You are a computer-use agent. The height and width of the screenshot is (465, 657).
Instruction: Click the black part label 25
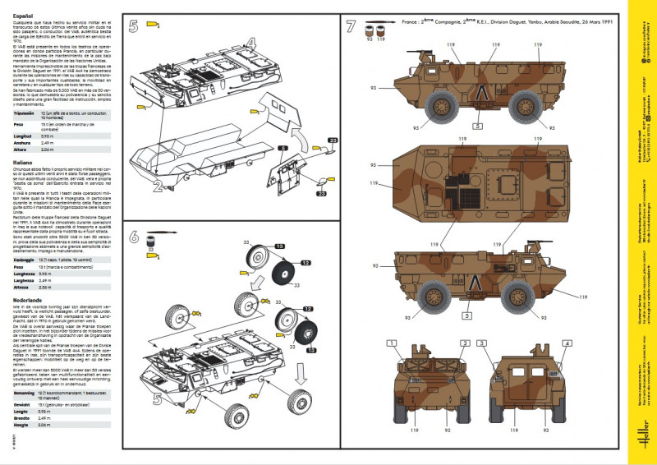[333, 141]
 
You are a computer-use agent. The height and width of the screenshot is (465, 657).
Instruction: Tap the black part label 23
[321, 194]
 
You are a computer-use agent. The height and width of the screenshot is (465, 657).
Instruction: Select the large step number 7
[351, 26]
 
